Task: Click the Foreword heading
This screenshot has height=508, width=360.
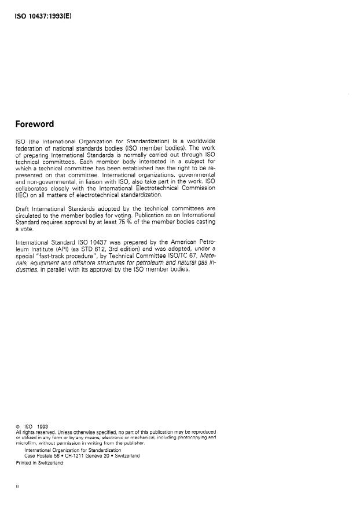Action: (x=35, y=124)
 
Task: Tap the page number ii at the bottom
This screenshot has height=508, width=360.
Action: (x=17, y=487)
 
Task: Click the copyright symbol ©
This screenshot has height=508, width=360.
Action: (x=18, y=427)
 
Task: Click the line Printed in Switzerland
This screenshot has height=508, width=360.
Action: (x=39, y=463)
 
